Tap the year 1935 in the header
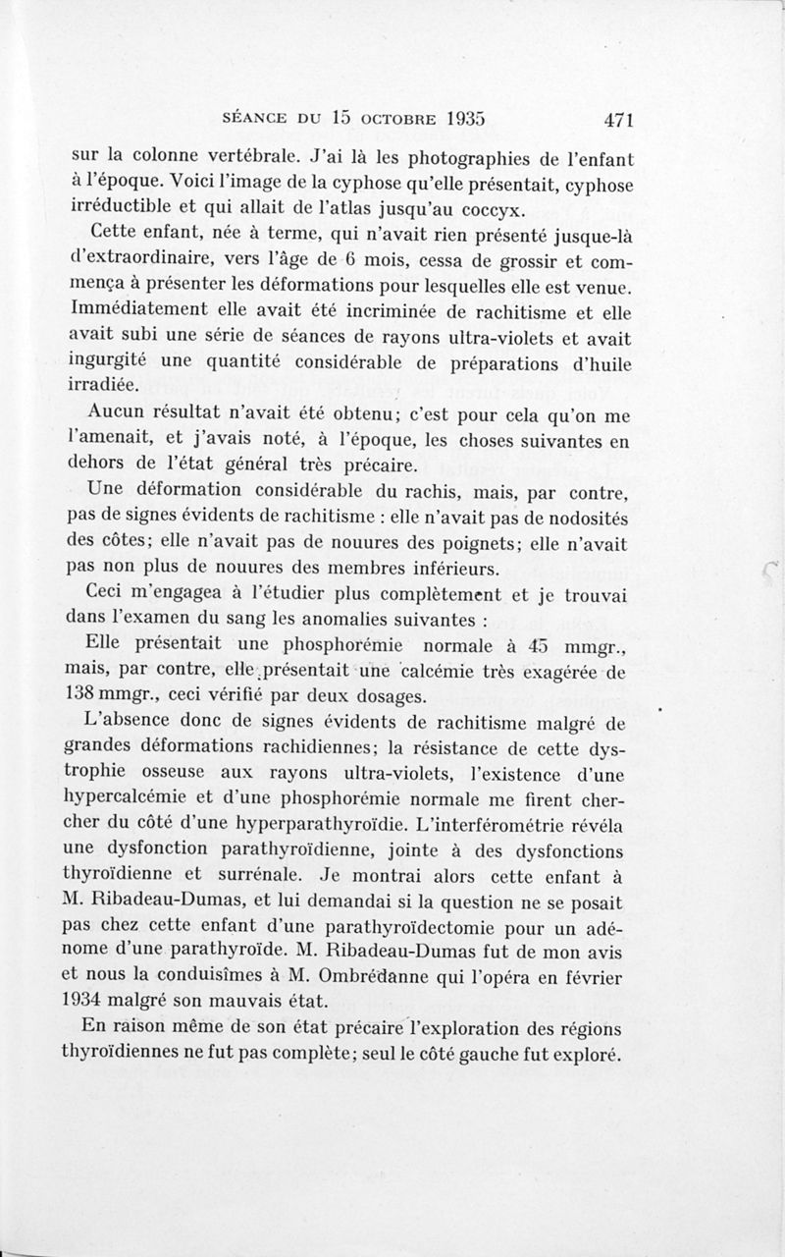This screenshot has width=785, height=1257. coord(460,118)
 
